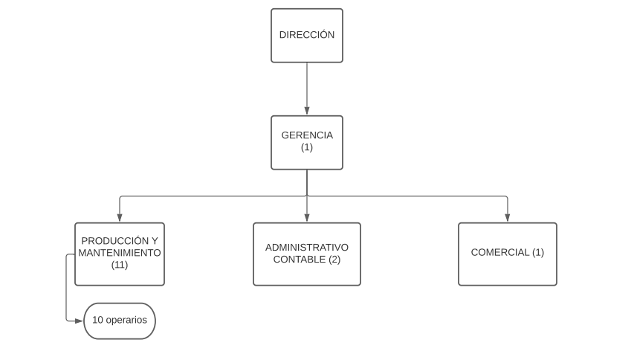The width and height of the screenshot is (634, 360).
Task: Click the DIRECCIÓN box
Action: pos(307,36)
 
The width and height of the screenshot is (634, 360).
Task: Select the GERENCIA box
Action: pos(307,142)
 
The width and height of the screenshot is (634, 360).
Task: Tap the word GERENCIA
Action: pos(307,135)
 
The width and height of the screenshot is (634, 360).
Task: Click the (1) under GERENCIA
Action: pos(307,147)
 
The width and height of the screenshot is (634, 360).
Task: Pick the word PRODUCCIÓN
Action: pos(114,241)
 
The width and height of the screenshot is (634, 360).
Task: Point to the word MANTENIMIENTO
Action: pos(120,253)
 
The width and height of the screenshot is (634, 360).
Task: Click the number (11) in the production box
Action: pos(120,265)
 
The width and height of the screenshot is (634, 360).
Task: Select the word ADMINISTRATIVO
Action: pos(307,247)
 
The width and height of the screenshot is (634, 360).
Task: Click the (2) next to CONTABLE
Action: pos(334,260)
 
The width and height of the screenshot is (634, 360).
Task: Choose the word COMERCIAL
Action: pos(500,252)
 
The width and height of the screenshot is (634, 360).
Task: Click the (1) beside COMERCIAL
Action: pos(538,252)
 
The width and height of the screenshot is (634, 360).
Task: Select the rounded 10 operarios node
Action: pos(120,321)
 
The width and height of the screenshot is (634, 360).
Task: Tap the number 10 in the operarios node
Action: pos(98,320)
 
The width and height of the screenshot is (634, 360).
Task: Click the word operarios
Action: pos(126,321)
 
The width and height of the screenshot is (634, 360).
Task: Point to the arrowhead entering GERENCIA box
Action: pos(307,111)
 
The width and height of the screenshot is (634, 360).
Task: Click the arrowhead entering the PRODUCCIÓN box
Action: pos(120,218)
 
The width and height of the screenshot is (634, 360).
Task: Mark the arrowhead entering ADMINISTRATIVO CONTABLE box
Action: pos(307,218)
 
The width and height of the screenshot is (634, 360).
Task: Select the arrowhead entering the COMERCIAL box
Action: pos(508,218)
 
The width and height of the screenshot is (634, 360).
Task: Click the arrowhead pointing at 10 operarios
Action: pos(80,321)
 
